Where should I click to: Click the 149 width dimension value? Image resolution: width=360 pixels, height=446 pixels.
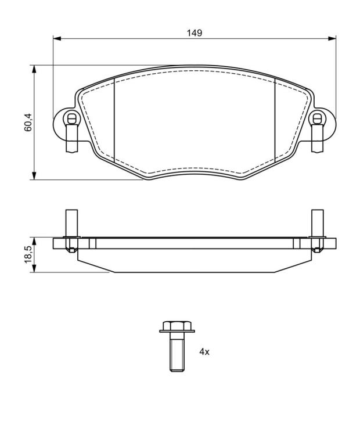tap(195, 33)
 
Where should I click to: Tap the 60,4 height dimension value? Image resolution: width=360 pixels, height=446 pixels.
tap(28, 123)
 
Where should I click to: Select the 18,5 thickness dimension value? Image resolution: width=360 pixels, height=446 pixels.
tap(28, 255)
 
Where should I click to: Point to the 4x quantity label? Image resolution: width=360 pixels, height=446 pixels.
tap(204, 352)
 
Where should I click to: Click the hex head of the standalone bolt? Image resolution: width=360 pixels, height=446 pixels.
tap(177, 325)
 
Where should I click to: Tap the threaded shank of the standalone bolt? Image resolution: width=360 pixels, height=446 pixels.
tap(177, 352)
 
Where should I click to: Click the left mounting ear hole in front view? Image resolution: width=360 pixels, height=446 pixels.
tap(71, 118)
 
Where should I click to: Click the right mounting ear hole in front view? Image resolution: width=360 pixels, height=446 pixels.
tap(317, 118)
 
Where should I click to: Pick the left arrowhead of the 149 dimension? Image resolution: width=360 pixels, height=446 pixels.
tap(57, 38)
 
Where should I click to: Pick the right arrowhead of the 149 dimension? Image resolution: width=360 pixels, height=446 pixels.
tap(332, 38)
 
